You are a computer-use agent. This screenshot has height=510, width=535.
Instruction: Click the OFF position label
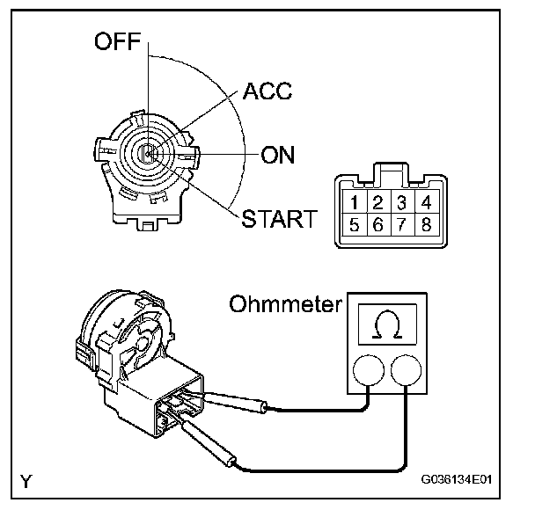(x=118, y=42)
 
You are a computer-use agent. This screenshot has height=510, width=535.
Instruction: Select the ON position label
(x=278, y=156)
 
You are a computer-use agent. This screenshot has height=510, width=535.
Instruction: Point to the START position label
(x=279, y=218)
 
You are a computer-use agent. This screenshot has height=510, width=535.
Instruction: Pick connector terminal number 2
(x=377, y=203)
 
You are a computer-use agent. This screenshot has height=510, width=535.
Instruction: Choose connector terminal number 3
(x=401, y=203)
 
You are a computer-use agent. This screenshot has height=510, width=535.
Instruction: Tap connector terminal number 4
(x=426, y=203)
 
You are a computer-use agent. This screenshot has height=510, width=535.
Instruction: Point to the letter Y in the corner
(x=26, y=481)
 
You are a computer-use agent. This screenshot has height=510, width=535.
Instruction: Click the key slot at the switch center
(x=149, y=156)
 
